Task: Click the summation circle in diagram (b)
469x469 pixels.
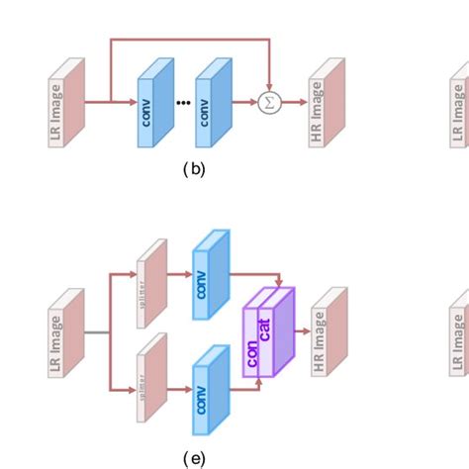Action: click(269, 102)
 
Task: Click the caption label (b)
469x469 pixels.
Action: click(194, 169)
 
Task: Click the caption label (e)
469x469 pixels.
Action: click(194, 456)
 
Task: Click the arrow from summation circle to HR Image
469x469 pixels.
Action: click(292, 102)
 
